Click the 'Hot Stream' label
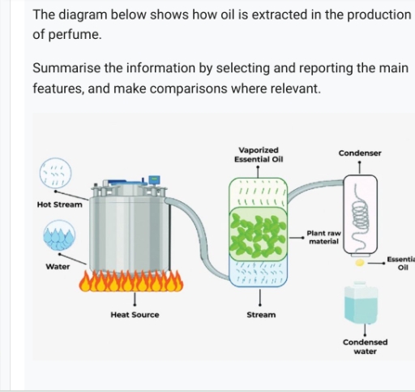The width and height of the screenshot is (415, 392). [59, 205]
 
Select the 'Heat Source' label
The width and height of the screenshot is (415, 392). [135, 314]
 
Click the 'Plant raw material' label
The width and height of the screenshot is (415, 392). [323, 237]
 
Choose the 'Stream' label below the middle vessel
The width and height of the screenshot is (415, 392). [260, 314]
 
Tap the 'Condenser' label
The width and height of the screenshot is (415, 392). [359, 153]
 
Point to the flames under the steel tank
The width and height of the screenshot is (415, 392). [132, 281]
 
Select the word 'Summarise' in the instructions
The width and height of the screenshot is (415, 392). [67, 67]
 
